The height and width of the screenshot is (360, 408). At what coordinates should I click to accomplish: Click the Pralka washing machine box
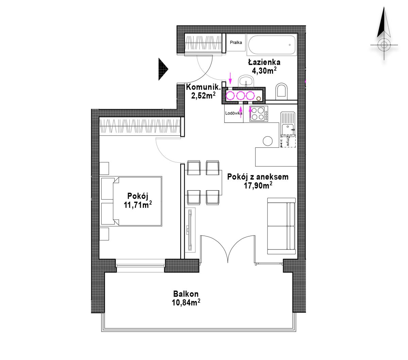point(236,42)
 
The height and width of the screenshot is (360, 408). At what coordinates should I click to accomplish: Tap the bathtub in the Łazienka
point(272,45)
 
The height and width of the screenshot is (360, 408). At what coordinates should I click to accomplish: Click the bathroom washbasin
point(246,81)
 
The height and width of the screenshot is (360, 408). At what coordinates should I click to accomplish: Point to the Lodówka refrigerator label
point(234,113)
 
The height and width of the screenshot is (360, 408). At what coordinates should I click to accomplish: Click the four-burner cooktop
point(259,114)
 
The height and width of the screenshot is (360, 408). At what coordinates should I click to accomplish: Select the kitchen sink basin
point(288,130)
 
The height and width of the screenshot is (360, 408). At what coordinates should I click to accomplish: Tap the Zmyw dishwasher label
point(288,141)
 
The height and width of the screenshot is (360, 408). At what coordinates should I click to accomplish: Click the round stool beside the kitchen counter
point(268,141)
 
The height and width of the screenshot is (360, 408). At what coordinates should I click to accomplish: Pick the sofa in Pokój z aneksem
point(281,226)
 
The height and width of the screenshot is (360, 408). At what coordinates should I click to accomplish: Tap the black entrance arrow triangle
point(163,69)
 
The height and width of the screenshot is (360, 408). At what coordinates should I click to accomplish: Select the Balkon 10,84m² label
point(186,298)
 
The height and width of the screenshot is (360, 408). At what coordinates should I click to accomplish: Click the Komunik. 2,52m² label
point(203,91)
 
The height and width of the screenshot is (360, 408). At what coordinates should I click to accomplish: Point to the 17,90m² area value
point(258,185)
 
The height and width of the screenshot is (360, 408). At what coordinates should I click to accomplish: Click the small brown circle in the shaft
point(259,99)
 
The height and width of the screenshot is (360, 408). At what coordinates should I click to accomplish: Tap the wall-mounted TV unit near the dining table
point(190,230)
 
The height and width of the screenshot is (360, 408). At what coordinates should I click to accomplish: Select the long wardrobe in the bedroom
point(140,127)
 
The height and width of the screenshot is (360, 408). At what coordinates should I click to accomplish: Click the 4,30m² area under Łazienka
point(264,71)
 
